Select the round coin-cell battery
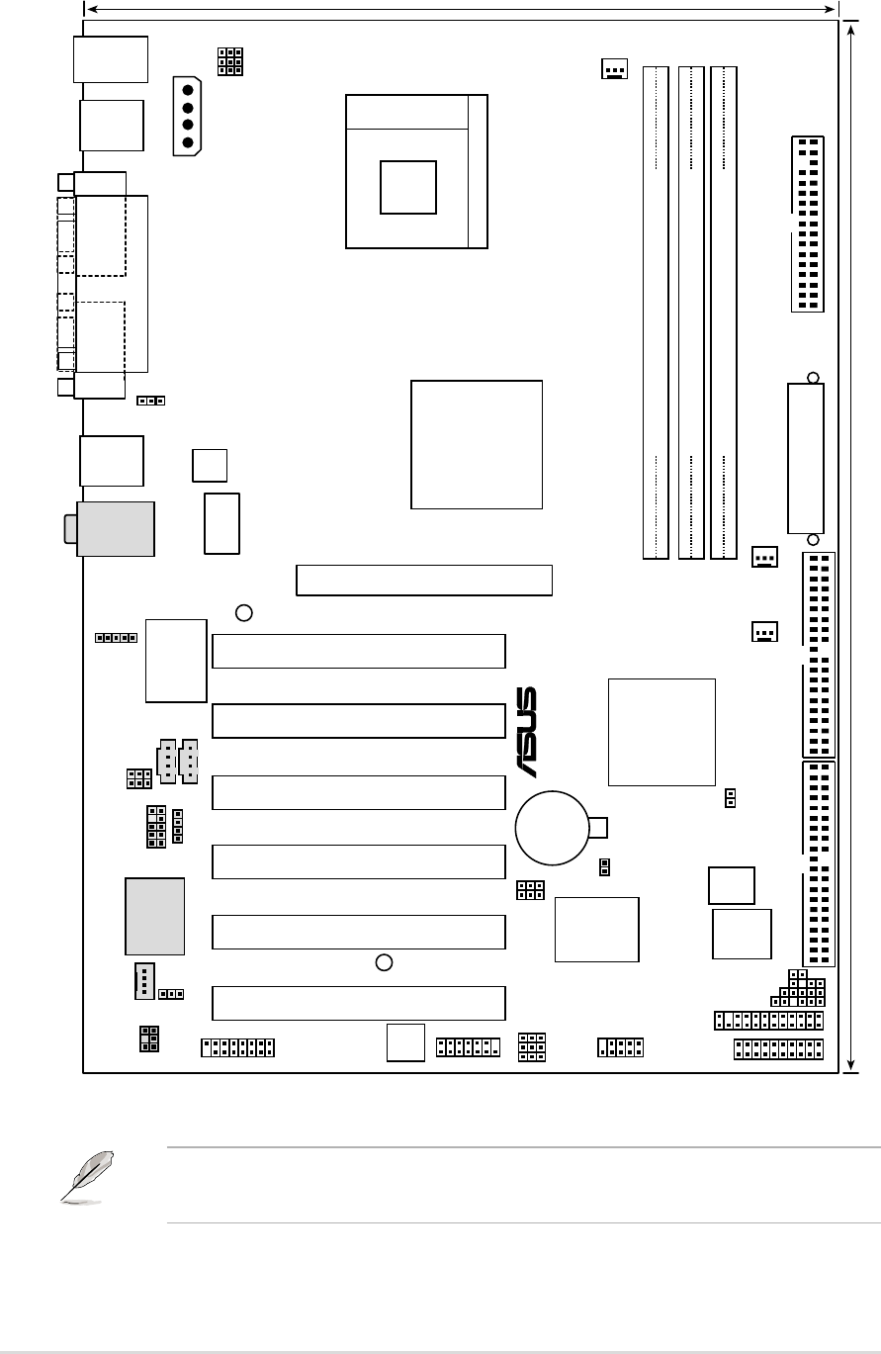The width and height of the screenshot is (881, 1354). (x=553, y=827)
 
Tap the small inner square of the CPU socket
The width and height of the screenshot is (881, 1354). (x=408, y=187)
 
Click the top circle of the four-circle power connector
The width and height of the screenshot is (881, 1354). (x=188, y=86)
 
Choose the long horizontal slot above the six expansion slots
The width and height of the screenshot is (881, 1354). (x=423, y=581)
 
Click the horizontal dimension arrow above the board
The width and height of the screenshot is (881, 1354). (x=462, y=9)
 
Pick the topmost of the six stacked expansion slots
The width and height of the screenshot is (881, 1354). (x=359, y=651)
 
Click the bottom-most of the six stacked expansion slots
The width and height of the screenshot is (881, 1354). (x=359, y=1003)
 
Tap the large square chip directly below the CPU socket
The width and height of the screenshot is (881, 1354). (x=477, y=444)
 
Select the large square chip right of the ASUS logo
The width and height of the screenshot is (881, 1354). (x=661, y=732)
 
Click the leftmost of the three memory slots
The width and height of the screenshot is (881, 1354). (x=655, y=313)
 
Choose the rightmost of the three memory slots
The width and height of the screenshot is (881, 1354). (x=724, y=313)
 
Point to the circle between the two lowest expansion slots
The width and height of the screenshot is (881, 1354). (x=387, y=961)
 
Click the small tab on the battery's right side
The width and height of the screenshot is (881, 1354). (x=599, y=827)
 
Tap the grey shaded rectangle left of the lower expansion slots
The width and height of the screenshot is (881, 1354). (x=155, y=915)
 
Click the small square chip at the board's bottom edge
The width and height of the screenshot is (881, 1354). (x=405, y=1042)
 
